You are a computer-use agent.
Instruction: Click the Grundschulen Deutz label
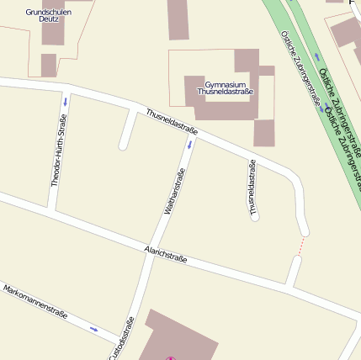click(48, 15)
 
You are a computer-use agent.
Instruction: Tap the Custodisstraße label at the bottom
click(121, 339)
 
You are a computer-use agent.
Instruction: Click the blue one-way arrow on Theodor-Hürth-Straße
click(65, 102)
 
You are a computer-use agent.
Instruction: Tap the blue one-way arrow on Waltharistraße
click(189, 144)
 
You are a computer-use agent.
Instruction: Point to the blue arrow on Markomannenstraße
click(93, 329)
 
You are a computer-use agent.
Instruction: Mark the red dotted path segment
click(300, 246)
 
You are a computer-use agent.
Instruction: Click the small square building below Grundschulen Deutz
click(49, 65)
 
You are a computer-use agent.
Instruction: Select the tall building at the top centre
click(178, 19)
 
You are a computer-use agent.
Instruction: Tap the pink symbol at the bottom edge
click(171, 358)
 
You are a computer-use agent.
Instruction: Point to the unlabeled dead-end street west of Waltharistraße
click(128, 130)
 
